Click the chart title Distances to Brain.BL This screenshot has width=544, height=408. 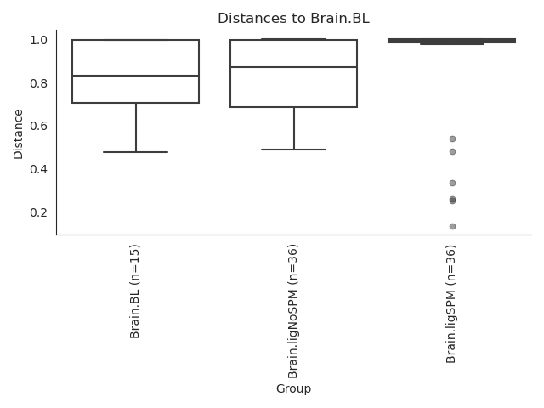(x=293, y=18)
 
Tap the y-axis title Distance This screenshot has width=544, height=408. (x=18, y=134)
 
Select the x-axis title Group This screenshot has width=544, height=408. (x=293, y=388)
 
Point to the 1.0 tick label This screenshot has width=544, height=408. (x=38, y=40)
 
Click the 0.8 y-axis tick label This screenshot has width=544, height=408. (x=38, y=83)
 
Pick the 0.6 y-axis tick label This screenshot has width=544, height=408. (x=38, y=126)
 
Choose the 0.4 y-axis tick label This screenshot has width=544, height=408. (x=38, y=169)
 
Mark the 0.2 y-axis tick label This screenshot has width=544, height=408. (x=38, y=212)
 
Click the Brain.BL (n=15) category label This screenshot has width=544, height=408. (x=134, y=292)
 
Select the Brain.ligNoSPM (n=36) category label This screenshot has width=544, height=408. (x=292, y=312)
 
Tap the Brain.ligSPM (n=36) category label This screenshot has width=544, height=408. (x=450, y=304)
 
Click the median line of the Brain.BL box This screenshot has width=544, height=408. (x=136, y=76)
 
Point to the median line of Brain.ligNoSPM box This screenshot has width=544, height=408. (x=294, y=67)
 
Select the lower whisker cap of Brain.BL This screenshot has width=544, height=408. (x=136, y=152)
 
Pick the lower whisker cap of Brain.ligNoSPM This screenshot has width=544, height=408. (x=294, y=150)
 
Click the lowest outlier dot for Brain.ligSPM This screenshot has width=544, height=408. (x=452, y=227)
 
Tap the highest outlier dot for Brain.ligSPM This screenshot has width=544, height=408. (x=452, y=139)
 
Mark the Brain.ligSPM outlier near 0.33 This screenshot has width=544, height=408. (x=452, y=184)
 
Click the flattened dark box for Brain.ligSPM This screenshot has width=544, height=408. (x=451, y=41)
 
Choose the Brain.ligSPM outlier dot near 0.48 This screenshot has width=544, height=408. (x=452, y=151)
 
